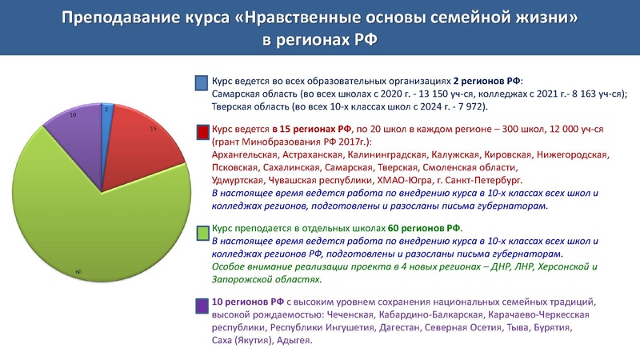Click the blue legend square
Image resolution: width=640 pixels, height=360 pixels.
point(202,82)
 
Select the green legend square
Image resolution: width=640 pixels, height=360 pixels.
point(202,230)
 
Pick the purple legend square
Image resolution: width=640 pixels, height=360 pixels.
point(202,305)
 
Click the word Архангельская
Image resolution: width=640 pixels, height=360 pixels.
point(246,155)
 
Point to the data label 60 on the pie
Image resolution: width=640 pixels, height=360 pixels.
point(78,273)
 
